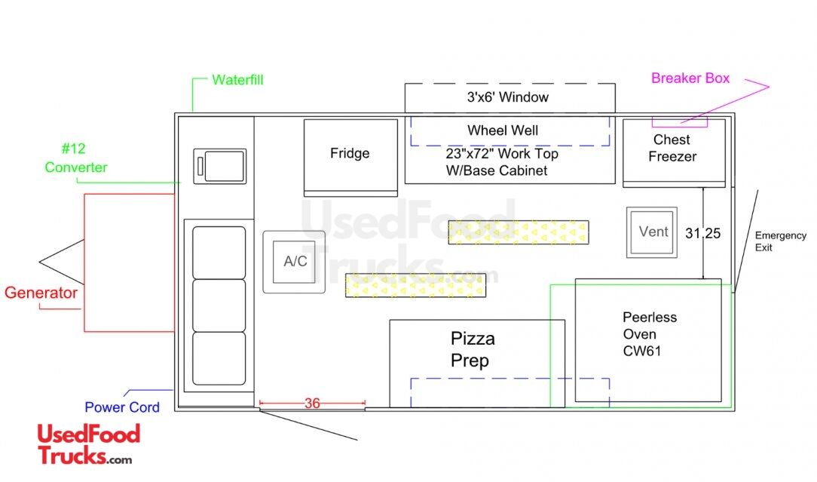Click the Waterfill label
click(237, 80)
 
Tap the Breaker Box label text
click(690, 78)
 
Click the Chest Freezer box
click(675, 153)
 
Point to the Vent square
click(652, 232)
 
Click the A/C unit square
click(294, 262)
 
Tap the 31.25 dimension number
click(703, 233)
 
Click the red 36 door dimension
click(312, 404)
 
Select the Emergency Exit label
click(781, 241)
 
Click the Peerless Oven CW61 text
click(649, 334)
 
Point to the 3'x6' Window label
click(507, 97)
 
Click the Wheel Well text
click(503, 130)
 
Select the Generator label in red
click(41, 293)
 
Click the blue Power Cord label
click(122, 407)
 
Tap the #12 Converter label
click(75, 158)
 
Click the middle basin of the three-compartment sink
click(219, 305)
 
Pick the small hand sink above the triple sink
click(219, 167)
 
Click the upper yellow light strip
click(519, 232)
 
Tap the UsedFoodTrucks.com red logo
click(89, 444)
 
